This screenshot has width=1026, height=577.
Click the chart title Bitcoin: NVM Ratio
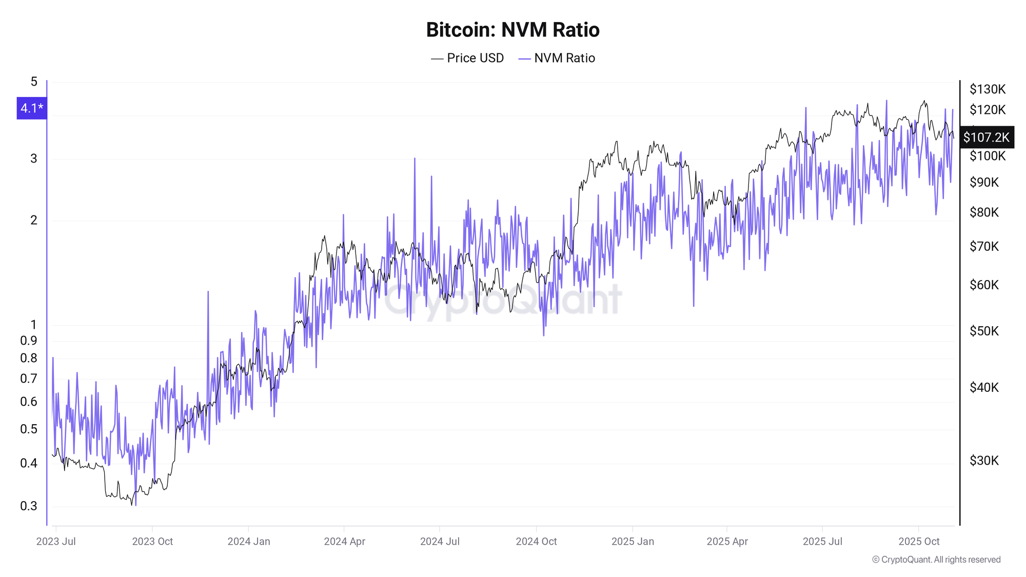pos(512,30)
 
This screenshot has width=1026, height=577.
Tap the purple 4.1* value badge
pos(32,108)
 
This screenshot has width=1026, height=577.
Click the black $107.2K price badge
pos(986,137)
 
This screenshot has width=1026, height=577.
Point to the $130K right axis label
pos(987,89)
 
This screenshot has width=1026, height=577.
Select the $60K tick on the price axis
pos(984,285)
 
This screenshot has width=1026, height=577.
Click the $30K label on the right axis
pos(984,461)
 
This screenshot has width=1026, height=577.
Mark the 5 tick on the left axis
pos(34,82)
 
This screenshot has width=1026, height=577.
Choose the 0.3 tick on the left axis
pos(29,506)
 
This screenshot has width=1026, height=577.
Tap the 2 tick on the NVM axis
pos(34,220)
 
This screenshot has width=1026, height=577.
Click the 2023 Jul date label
pos(56,542)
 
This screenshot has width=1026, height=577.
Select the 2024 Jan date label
pos(249,542)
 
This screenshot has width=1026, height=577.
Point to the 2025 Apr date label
pos(727,542)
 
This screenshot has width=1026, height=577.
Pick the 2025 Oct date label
pos(919,542)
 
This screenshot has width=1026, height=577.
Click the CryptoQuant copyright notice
pos(936,560)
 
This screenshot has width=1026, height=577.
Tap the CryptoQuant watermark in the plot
pos(503,300)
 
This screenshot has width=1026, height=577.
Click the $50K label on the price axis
pos(984,331)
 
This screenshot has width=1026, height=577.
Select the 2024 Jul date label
pos(440,542)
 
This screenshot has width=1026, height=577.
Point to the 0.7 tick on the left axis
pos(29,379)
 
